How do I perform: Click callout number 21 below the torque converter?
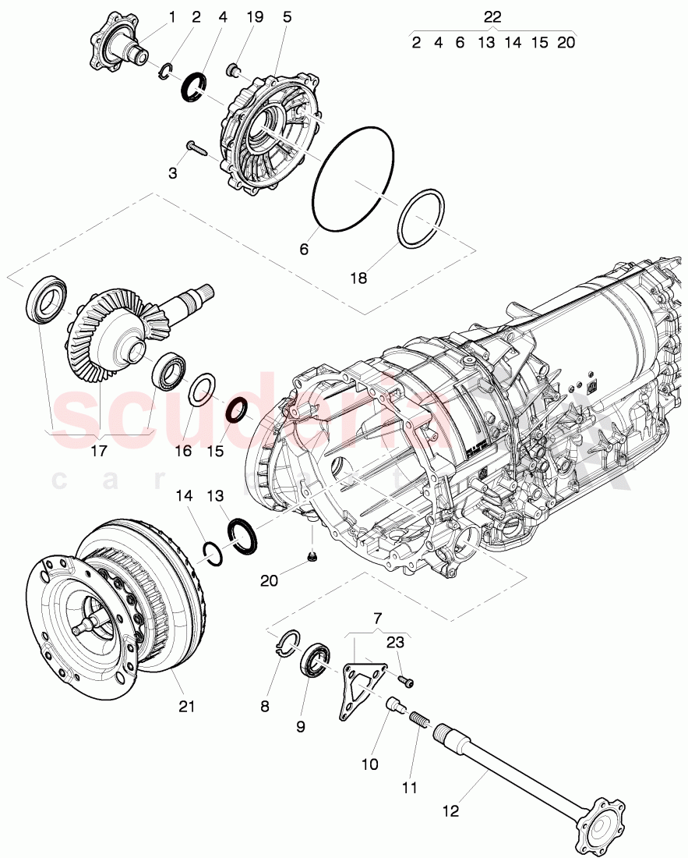point(186,707)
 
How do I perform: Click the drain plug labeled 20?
point(312,557)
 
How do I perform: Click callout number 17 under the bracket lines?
point(99,451)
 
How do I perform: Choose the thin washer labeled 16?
point(203,388)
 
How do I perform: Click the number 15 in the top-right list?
point(539,42)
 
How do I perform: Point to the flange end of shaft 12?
point(598,816)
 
